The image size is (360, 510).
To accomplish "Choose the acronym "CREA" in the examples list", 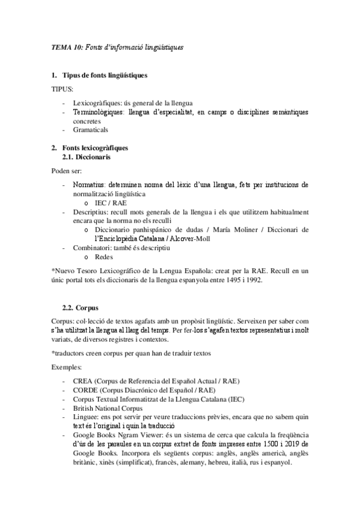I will [x=82, y=381].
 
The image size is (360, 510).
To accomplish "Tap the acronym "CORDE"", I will [x=85, y=390].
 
